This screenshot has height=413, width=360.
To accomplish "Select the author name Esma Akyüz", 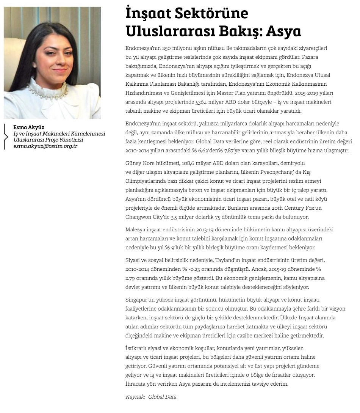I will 29,127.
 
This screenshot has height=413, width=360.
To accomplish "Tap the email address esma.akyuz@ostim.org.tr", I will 45,146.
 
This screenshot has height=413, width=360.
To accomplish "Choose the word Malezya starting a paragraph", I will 135,229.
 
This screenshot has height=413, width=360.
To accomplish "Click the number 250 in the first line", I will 167,49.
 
